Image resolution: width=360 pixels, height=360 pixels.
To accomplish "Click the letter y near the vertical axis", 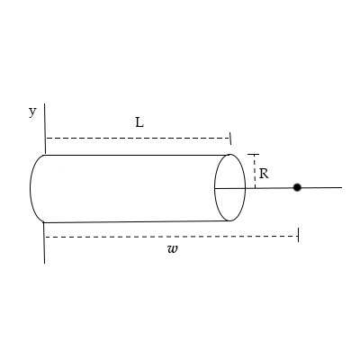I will click(32, 112).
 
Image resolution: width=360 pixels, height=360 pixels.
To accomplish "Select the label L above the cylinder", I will click(139, 122).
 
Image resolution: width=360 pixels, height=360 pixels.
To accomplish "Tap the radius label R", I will click(264, 174).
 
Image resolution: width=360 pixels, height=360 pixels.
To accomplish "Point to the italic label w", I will click(172, 249).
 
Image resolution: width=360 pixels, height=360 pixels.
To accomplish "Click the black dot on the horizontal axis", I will click(297, 187).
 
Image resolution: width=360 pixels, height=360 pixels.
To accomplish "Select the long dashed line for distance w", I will click(171, 237).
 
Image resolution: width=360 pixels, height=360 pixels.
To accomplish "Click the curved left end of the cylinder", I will click(31, 187).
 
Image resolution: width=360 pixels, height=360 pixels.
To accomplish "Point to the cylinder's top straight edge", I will click(135, 155).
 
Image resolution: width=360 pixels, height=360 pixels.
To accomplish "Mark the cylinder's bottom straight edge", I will click(135, 220).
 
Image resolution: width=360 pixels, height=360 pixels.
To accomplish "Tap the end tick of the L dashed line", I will click(230, 138).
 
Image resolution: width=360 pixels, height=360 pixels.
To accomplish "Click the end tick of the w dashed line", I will click(297, 236).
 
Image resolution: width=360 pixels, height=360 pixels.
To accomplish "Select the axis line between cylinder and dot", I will click(270, 187).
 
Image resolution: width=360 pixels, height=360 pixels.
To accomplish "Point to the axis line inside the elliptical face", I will click(229, 188).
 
